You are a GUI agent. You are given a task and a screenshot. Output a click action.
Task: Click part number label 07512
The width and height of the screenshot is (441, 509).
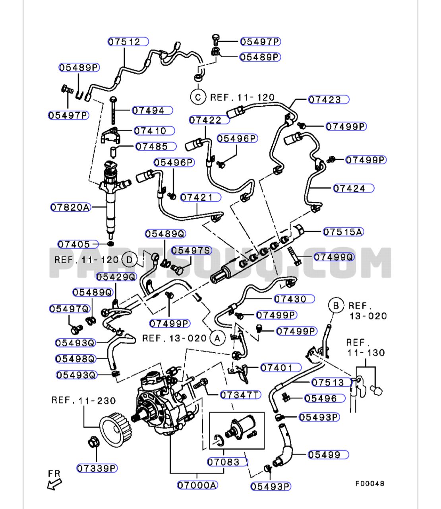128,42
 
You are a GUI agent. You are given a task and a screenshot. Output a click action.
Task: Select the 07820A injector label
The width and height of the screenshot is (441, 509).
71,207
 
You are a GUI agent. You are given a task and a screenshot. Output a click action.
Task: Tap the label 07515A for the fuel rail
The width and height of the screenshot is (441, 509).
343,232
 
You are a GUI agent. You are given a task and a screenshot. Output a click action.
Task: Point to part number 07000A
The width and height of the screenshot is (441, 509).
197,485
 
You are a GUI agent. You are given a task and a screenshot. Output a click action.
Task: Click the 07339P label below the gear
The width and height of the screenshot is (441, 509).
97,468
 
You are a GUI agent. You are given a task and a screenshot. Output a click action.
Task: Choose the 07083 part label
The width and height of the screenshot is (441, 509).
223,462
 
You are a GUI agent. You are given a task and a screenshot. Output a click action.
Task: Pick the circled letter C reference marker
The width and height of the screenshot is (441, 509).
197,97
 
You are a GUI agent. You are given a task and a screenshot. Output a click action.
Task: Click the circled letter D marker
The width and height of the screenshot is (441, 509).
129,260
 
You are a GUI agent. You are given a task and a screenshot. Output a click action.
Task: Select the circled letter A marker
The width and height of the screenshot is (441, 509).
217,338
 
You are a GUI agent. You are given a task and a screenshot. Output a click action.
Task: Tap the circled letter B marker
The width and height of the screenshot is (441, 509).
336,306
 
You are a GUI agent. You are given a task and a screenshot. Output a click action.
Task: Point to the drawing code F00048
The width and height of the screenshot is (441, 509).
369,484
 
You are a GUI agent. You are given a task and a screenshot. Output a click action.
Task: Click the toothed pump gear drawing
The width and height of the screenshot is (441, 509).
115,429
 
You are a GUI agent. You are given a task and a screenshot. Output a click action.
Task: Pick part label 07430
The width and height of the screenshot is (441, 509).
294,299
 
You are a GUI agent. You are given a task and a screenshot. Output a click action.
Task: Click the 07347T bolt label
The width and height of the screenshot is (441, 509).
240,395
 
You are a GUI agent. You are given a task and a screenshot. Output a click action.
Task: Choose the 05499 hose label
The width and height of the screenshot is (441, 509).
328,455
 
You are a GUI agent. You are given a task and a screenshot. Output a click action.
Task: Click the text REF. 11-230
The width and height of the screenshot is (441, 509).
83,400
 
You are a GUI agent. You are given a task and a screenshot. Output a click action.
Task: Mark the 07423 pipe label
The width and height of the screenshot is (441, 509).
328,99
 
